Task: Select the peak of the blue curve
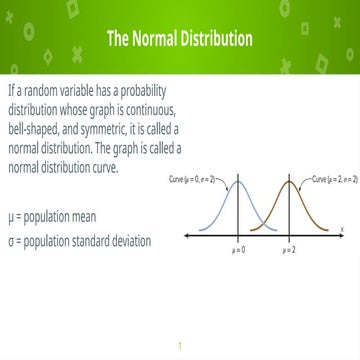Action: coord(239,184)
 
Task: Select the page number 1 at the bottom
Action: coord(180,346)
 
